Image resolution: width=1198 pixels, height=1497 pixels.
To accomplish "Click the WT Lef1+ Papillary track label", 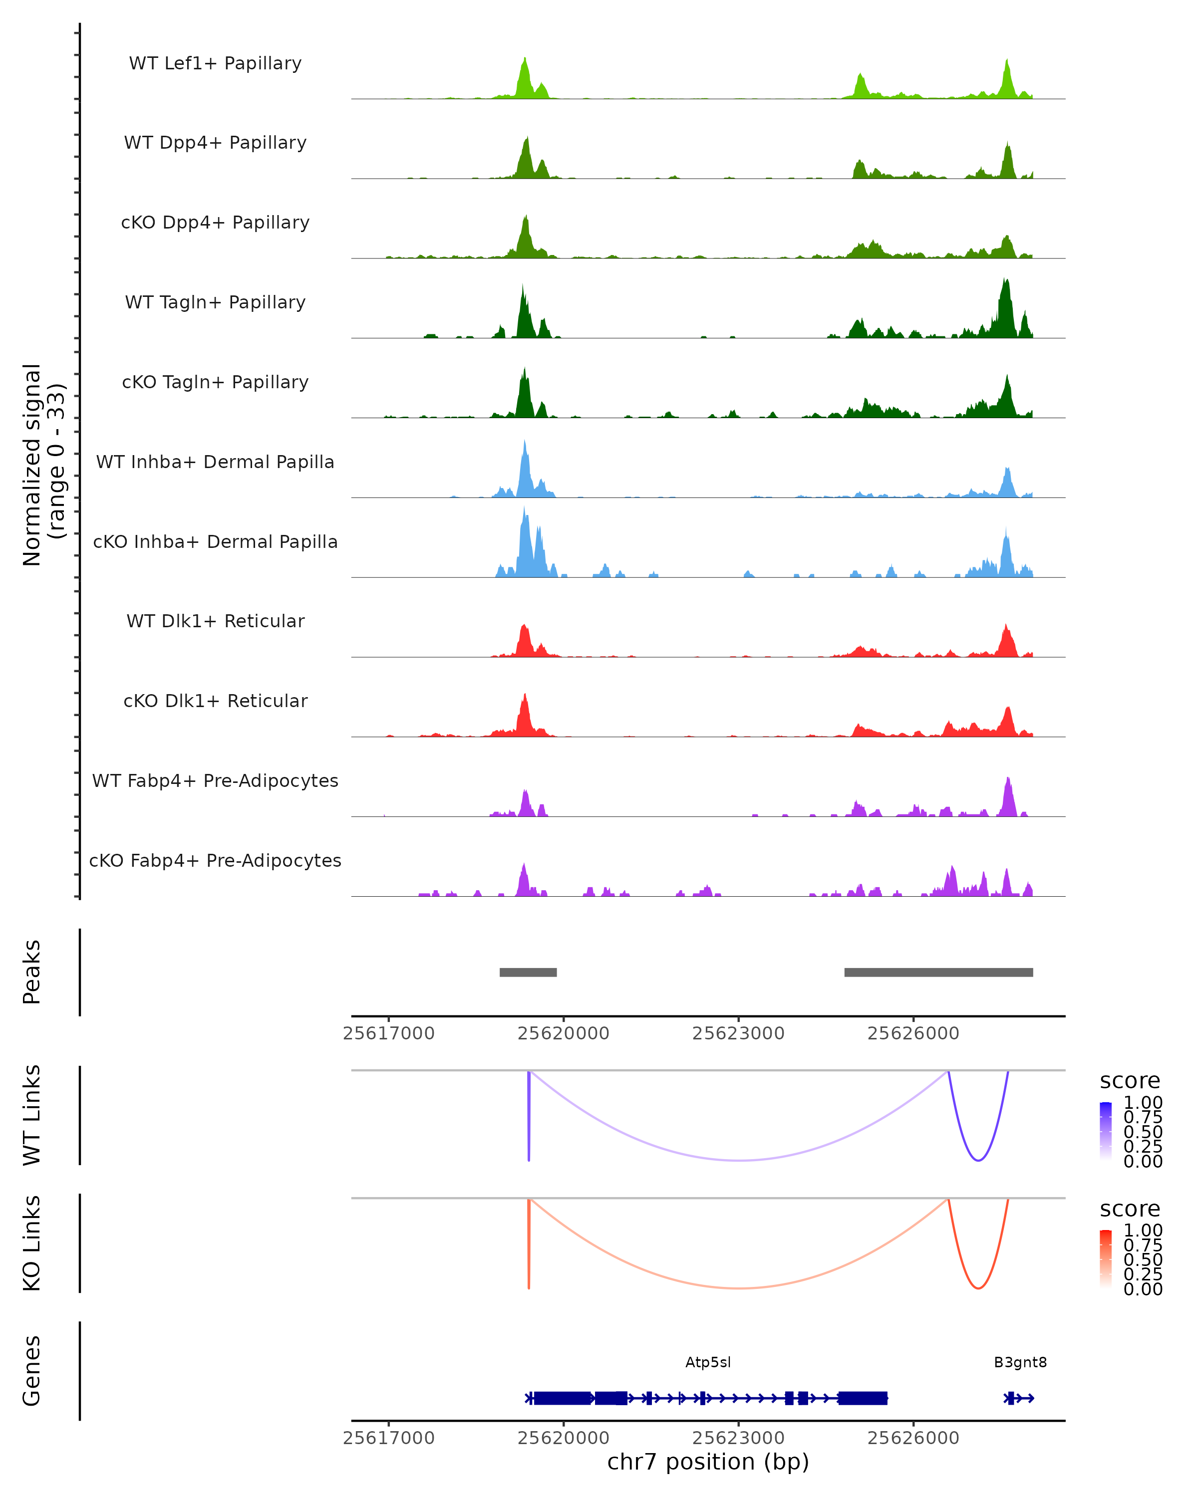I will point(215,63).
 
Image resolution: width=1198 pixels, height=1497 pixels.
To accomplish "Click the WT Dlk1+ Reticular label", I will point(215,621).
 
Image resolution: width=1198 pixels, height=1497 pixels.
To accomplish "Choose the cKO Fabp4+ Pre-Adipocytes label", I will point(215,860).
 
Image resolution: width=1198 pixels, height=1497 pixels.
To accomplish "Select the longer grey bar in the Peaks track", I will point(938,972).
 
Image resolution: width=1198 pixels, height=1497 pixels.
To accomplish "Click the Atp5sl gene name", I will point(708,1362).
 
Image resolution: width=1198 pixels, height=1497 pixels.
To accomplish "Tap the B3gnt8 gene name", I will point(1020,1362).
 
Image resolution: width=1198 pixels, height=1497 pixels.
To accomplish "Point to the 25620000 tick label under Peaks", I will point(563,1033).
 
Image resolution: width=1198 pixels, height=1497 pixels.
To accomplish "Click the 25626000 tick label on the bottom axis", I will point(913,1438).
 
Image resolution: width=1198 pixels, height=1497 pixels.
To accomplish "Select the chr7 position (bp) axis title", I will point(708,1462).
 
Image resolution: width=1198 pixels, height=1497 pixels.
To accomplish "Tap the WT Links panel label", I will point(32,1115).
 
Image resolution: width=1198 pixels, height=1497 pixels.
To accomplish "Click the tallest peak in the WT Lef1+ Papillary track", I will point(524,60).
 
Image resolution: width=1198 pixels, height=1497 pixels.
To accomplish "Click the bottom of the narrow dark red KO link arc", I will point(978,1288).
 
